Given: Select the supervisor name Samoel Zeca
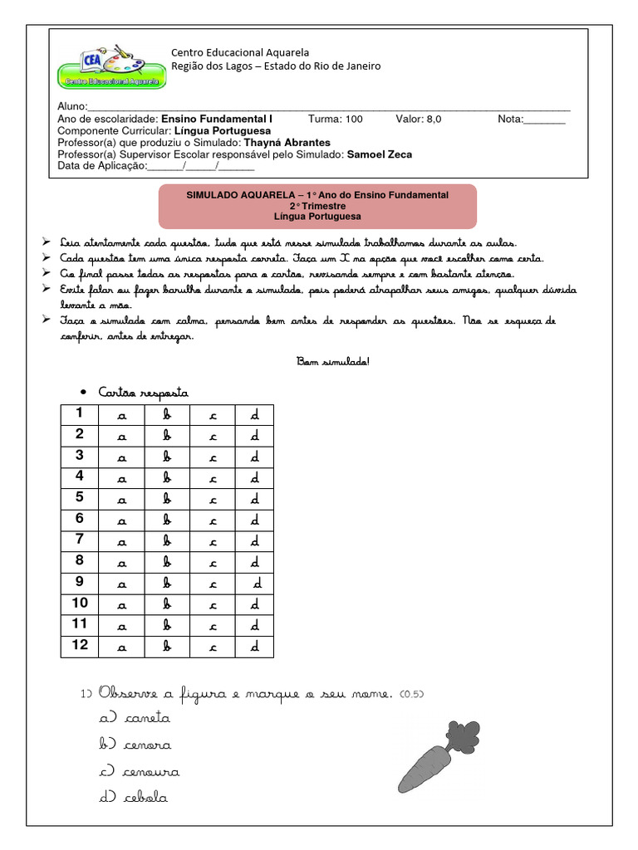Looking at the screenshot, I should (379, 154).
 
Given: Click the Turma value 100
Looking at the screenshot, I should (353, 119).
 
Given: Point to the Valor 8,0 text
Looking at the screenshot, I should (419, 119).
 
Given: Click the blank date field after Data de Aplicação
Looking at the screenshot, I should (201, 166).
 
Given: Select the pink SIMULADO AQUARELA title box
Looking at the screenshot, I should (317, 206).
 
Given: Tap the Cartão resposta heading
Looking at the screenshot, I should (143, 392).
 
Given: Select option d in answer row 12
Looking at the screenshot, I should (255, 646).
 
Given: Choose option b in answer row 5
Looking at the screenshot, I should (167, 499).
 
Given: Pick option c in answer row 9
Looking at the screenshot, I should (213, 584).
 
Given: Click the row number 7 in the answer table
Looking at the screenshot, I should (80, 540).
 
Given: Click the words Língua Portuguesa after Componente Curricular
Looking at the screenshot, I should (223, 130).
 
